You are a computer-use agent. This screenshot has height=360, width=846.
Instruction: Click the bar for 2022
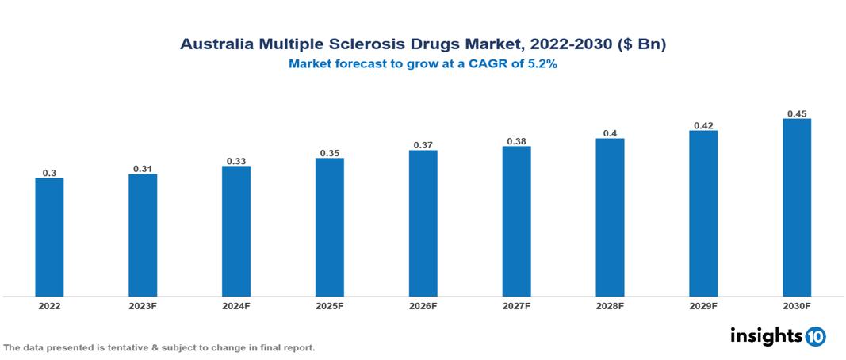pos(49,237)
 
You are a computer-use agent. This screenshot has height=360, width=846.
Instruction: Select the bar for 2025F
pos(329,227)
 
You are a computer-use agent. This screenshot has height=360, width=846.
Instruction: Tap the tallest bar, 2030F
pos(796,208)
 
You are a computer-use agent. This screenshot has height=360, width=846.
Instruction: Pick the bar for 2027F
pos(516,221)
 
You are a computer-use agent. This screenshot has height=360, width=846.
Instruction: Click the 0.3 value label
pos(49,172)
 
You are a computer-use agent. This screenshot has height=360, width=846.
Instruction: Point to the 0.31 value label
pos(143,168)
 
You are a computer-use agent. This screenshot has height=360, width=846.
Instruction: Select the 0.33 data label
pos(236,161)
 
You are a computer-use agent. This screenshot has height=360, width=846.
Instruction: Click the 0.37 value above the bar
pos(423,145)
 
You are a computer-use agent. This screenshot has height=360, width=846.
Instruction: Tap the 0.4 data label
pos(610,133)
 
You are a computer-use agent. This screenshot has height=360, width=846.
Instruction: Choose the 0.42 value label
pos(703,125)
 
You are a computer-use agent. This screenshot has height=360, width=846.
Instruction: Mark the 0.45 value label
pos(796,113)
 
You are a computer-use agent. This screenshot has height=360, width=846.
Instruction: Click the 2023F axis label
pos(143,305)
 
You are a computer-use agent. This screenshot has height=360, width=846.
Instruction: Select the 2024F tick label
pos(236,305)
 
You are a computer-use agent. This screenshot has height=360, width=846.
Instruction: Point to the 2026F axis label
pos(423,305)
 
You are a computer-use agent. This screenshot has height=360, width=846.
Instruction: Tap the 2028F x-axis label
pos(610,305)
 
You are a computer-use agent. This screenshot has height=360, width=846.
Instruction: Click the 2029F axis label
pos(703,305)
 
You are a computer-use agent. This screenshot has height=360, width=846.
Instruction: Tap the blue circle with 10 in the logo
pos(815,336)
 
